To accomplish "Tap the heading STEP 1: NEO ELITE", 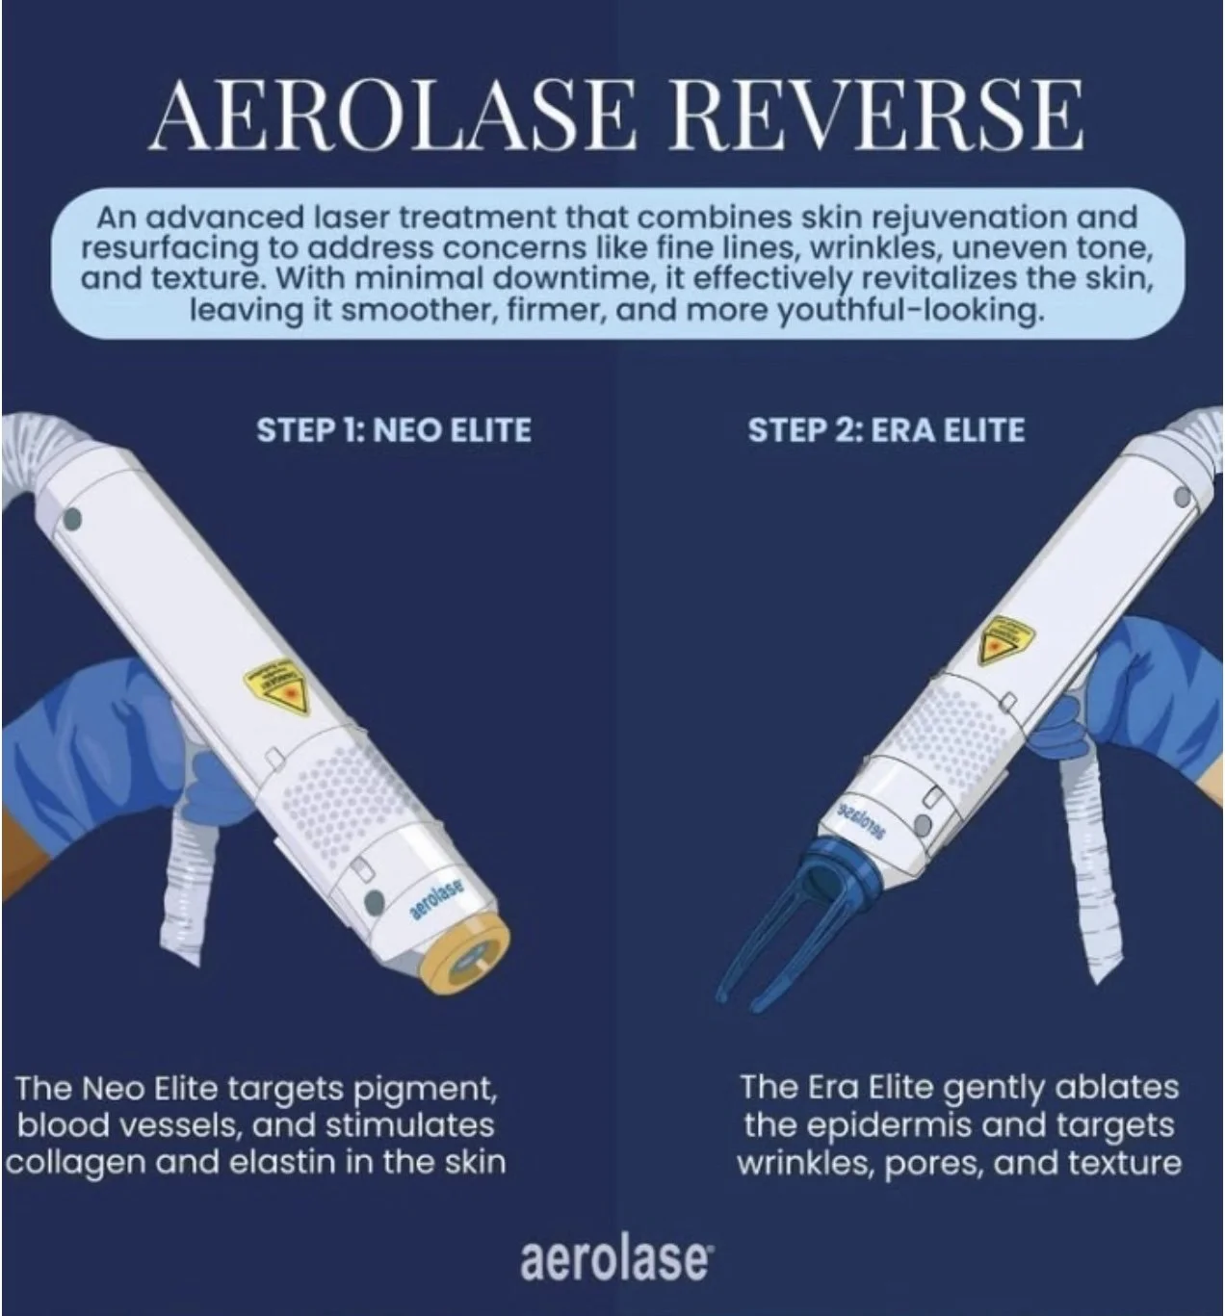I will coord(394,429).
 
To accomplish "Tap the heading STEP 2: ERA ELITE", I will coord(886,429).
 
